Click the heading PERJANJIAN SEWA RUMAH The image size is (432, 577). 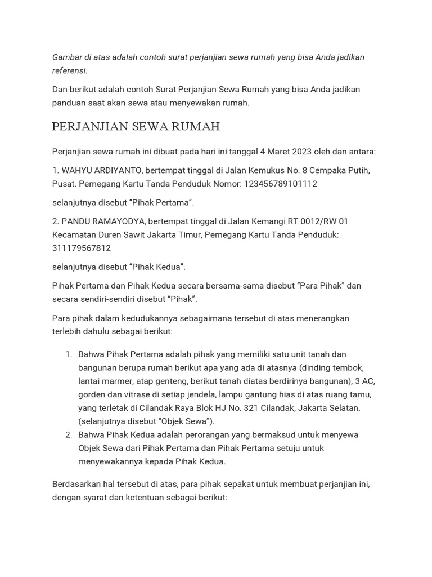pyautogui.click(x=136, y=126)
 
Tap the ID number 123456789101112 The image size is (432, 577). pyautogui.click(x=281, y=184)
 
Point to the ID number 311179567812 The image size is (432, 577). pyautogui.click(x=82, y=248)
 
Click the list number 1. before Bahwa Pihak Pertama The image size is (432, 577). pyautogui.click(x=69, y=354)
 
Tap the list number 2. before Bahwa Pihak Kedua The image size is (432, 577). pyautogui.click(x=69, y=434)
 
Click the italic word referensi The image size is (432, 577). pyautogui.click(x=69, y=71)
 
